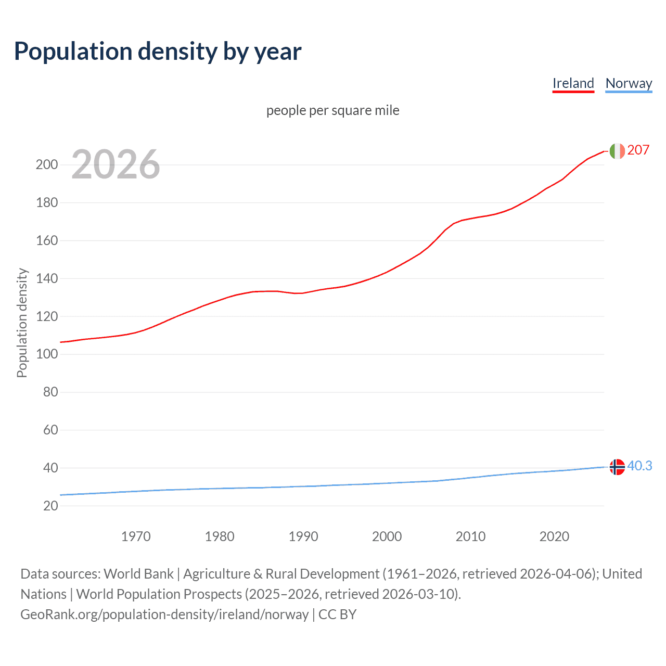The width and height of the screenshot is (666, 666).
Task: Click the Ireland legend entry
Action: tap(573, 83)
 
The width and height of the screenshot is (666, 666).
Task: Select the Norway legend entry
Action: tap(629, 83)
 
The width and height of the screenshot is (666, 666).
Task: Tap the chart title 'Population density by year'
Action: tap(158, 51)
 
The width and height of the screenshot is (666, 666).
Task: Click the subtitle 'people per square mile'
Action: tap(332, 110)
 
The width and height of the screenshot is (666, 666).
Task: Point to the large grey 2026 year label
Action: tap(116, 164)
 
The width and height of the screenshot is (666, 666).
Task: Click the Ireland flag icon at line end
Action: tap(617, 151)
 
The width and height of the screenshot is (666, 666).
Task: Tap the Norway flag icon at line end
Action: tap(617, 467)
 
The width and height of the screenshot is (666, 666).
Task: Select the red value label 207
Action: tap(638, 150)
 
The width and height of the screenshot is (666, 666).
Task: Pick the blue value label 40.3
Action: tap(639, 466)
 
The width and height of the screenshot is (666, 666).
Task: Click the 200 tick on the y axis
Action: tap(46, 165)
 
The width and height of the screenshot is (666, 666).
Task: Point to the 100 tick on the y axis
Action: tap(46, 354)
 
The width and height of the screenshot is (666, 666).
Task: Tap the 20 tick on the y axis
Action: tap(50, 506)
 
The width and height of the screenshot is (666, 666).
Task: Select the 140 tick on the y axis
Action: tap(46, 278)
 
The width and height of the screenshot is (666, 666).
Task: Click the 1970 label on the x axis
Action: tap(136, 536)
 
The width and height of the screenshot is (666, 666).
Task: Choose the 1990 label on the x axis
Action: tap(303, 536)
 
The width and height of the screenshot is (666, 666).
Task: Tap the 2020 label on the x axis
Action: tap(554, 536)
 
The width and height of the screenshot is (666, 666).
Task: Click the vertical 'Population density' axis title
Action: tap(22, 323)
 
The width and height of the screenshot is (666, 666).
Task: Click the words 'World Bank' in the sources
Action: tap(138, 574)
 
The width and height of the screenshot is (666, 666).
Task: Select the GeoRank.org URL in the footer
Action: tap(164, 614)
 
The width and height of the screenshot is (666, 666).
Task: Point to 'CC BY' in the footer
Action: tap(337, 614)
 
